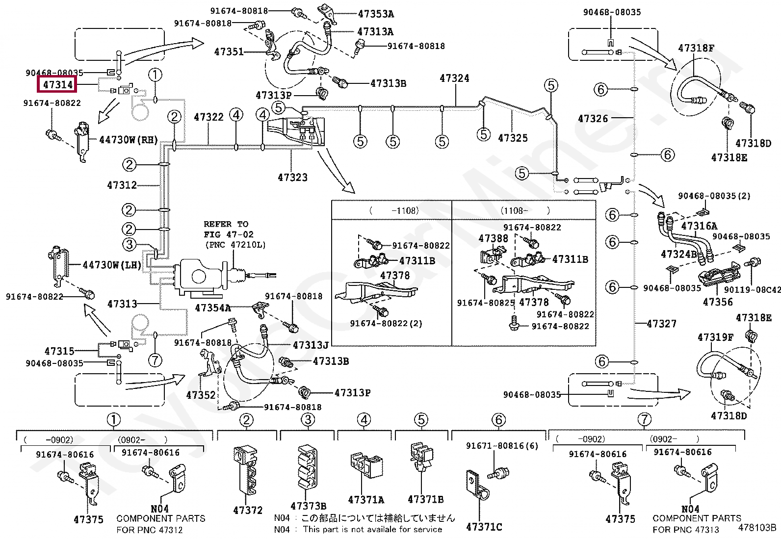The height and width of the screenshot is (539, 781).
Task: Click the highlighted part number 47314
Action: point(57,84)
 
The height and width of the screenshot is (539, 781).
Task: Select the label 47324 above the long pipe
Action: point(454,78)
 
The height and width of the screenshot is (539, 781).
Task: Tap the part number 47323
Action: point(292,178)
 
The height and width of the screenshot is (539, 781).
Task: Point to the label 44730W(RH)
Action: point(129,140)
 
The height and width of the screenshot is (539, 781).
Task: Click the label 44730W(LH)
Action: point(112,265)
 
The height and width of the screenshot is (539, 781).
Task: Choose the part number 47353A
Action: point(376,14)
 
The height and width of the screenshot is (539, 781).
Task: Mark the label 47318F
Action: point(696,48)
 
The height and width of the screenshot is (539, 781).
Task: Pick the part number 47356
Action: point(718,302)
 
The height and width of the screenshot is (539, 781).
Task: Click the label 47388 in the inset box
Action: point(493,238)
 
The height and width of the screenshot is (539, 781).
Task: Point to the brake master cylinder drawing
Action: point(201,277)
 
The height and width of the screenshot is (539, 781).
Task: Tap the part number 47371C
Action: point(484,527)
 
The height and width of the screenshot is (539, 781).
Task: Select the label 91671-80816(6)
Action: point(502,446)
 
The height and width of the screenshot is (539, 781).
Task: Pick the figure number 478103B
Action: point(757,528)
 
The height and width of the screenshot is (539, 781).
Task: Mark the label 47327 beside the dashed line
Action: point(661,324)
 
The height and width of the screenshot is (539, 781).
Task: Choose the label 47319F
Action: point(715,337)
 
